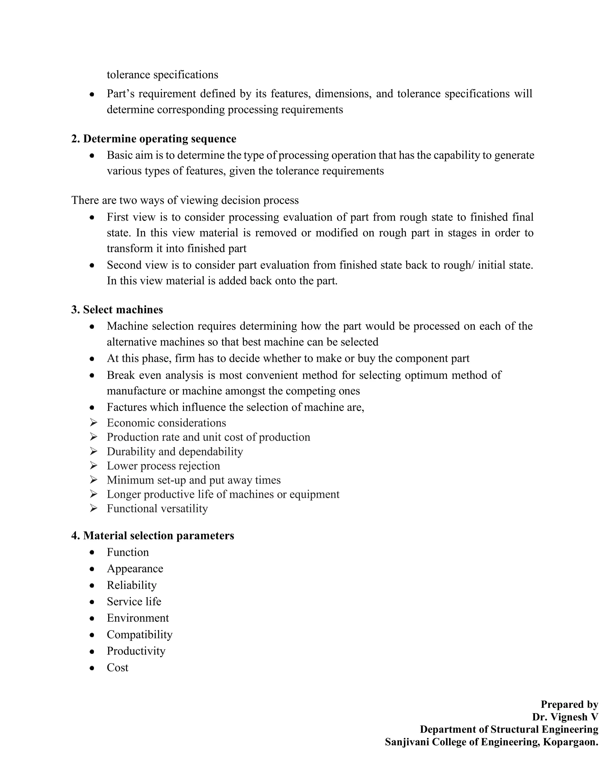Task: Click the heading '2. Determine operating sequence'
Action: [153, 139]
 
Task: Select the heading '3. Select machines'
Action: [117, 310]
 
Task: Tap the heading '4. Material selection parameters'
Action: [152, 536]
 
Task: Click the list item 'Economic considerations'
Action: [166, 423]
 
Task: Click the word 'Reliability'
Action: [131, 585]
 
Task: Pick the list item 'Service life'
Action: [134, 602]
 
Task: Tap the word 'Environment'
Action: [138, 618]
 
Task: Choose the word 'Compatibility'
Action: [139, 635]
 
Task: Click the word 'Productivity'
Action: [136, 651]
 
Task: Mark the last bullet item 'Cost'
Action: [117, 667]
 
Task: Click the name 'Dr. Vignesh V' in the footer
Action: [565, 717]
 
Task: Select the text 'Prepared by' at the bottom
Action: [569, 704]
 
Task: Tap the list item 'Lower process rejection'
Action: [163, 466]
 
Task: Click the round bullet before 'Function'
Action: [92, 553]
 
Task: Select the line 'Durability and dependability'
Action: [175, 451]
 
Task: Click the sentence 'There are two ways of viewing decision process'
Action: [185, 200]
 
